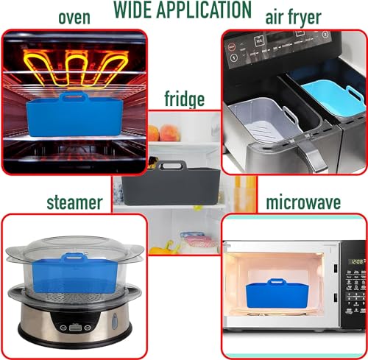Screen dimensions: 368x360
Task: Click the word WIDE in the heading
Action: coord(132,10)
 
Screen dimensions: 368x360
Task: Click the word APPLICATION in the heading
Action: coord(204,10)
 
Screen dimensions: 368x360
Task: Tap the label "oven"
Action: coord(74,18)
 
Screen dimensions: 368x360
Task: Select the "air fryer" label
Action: coord(294,18)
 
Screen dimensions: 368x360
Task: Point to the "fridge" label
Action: coord(185,99)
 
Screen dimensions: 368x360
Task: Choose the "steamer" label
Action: coord(74,202)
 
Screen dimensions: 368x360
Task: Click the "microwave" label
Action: coord(303,202)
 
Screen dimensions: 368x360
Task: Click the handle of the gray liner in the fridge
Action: coord(171,166)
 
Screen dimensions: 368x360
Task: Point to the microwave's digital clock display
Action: coord(357,261)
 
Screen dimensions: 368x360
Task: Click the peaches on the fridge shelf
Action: coord(164,133)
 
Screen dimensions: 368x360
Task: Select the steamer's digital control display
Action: coord(76,328)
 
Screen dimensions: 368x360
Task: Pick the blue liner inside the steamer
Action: coord(74,272)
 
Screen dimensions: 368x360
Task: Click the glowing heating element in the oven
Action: coord(76,68)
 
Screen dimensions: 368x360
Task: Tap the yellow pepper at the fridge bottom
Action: coord(163,248)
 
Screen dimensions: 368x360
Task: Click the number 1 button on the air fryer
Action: coord(233,58)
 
